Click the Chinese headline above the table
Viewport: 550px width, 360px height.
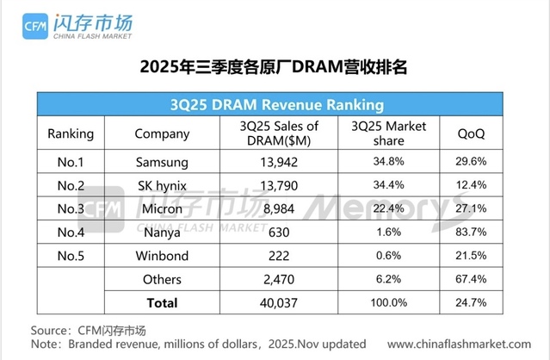coord(274,68)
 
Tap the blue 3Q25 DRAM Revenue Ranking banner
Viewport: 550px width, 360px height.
coord(274,106)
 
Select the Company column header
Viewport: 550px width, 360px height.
coord(162,134)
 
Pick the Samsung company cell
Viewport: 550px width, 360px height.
coord(162,162)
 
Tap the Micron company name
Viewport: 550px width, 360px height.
coord(162,208)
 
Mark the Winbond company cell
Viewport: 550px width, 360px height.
coord(162,256)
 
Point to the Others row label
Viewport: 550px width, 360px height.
coord(162,279)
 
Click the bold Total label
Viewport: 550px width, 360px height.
coord(162,302)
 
